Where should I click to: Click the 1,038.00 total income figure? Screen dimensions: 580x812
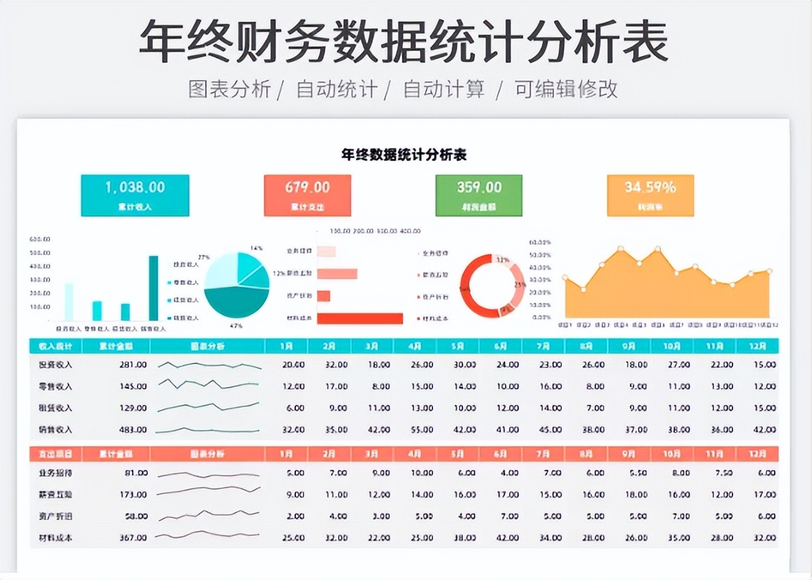(x=134, y=187)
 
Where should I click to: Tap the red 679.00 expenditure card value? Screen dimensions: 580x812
(x=307, y=187)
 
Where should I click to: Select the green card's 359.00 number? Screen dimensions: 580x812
(x=479, y=187)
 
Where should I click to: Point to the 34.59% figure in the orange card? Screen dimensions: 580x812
(x=650, y=187)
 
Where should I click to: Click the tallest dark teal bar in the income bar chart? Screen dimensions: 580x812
(x=153, y=288)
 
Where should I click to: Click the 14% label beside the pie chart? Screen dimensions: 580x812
(x=256, y=248)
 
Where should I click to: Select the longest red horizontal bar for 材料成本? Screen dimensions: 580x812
(x=360, y=318)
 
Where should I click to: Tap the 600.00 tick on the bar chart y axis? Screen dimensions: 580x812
(x=39, y=239)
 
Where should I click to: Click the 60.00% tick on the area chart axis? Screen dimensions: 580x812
(x=540, y=242)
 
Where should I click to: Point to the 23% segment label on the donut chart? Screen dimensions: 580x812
(x=519, y=285)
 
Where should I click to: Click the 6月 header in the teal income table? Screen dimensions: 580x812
(x=500, y=346)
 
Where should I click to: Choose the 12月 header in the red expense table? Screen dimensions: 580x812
(x=757, y=453)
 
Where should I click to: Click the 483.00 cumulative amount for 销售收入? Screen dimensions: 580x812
(x=132, y=430)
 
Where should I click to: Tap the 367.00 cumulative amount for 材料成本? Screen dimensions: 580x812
(x=132, y=538)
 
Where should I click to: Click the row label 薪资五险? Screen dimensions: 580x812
(x=56, y=494)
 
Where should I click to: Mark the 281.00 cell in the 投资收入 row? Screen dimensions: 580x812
(x=132, y=365)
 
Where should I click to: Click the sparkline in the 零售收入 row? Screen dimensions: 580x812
(x=209, y=385)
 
